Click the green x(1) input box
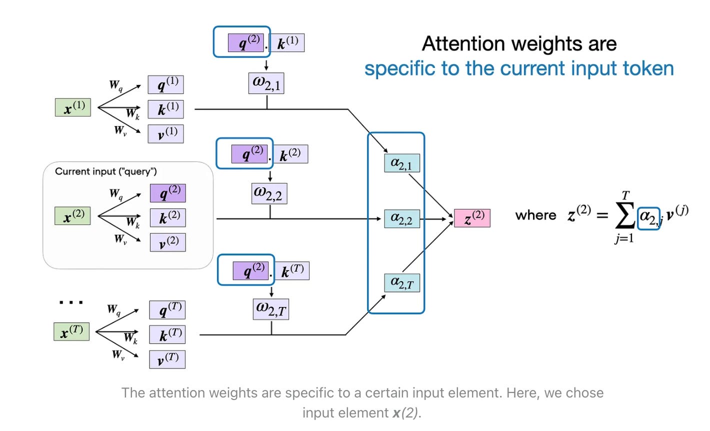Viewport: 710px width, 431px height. tap(73, 107)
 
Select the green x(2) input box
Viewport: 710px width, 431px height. tap(73, 216)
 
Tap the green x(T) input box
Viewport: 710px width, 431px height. tap(71, 331)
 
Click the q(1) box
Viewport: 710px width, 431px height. tap(165, 84)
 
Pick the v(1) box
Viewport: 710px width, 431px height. tap(165, 134)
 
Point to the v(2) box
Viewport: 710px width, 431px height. tap(168, 242)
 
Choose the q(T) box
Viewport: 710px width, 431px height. tap(167, 310)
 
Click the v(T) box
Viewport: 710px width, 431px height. tap(167, 359)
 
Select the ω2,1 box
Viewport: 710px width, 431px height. tap(266, 83)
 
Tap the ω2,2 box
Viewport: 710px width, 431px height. tap(269, 193)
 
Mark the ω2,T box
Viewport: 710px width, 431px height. tap(271, 309)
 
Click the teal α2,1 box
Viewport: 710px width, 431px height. tap(402, 163)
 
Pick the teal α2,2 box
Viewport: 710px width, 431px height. tap(402, 218)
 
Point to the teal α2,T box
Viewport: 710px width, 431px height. tap(402, 283)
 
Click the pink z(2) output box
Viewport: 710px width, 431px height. tap(472, 218)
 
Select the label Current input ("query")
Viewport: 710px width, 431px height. tap(106, 171)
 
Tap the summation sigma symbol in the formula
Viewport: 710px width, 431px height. tap(625, 215)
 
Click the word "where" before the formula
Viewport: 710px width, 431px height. tap(535, 215)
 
